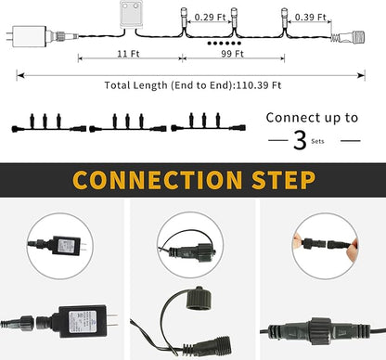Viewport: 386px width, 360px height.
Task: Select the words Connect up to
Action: (312, 118)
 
